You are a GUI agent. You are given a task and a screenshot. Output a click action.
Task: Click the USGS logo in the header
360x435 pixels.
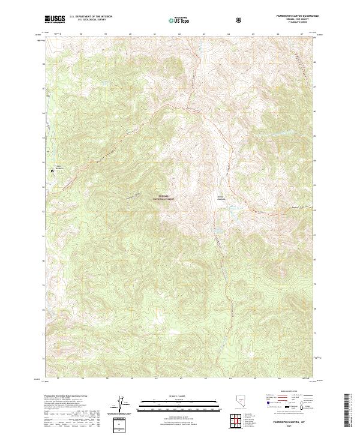(55, 19)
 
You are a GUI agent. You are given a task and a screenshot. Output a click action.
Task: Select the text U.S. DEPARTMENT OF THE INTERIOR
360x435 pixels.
(91, 17)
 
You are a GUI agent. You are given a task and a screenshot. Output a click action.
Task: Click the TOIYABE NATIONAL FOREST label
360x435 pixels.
(166, 197)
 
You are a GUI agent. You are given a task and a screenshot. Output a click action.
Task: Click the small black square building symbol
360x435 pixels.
(52, 171)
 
